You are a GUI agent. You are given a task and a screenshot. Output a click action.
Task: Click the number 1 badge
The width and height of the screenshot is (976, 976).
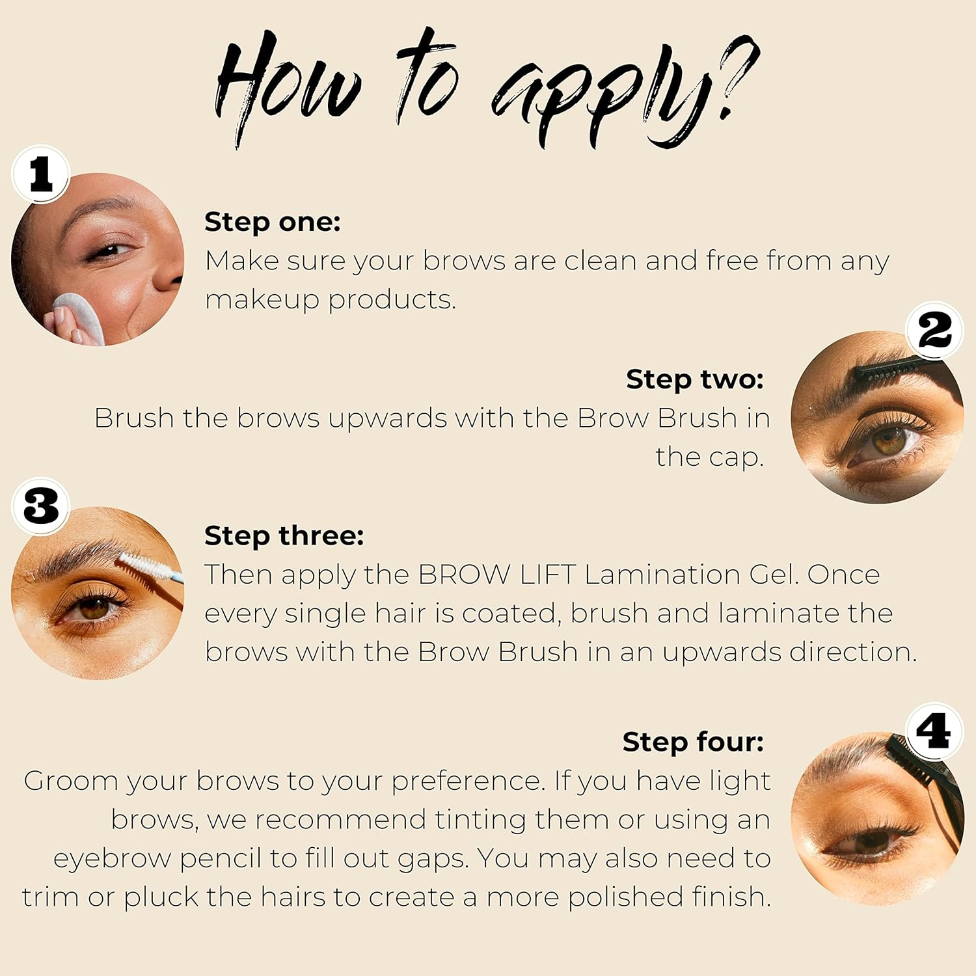point(40,174)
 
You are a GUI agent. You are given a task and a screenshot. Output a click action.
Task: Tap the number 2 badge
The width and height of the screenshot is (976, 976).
point(934,331)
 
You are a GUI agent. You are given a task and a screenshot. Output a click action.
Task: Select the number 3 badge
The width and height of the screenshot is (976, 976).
point(40,506)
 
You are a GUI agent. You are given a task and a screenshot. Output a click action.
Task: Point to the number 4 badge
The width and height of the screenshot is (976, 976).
point(933,731)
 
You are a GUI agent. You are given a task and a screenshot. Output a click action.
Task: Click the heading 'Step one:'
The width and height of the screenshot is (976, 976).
point(272,222)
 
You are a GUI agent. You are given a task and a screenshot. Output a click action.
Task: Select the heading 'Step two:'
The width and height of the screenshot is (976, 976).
point(694,379)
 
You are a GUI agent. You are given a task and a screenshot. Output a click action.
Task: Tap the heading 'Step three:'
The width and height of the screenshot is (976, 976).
point(284,535)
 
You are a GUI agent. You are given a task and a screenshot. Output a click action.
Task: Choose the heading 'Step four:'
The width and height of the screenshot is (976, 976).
point(692,742)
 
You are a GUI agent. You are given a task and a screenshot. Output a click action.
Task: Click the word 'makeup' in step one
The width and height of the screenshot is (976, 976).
point(262,301)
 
